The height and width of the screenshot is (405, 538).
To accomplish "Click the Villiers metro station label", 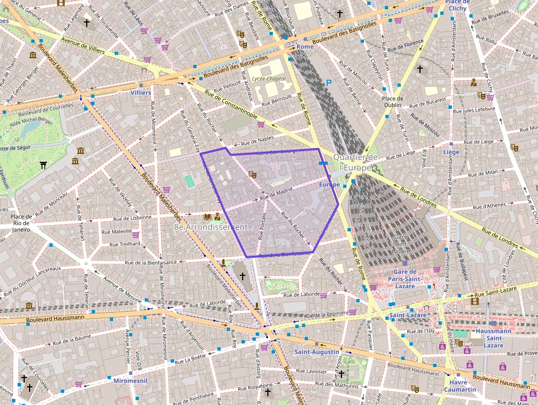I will [141, 93].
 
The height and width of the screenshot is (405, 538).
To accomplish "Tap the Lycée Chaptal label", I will [269, 79].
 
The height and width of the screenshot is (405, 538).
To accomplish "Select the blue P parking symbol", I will [329, 83].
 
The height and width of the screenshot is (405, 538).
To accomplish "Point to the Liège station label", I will [451, 152].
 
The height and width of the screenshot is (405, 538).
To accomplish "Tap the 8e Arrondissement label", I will [211, 227].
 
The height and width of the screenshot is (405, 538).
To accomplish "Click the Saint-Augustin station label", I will [316, 352].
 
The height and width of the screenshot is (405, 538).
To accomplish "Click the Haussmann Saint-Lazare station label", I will [494, 338].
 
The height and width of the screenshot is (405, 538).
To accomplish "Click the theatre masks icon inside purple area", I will [252, 174].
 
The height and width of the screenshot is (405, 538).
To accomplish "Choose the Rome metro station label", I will [305, 47].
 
